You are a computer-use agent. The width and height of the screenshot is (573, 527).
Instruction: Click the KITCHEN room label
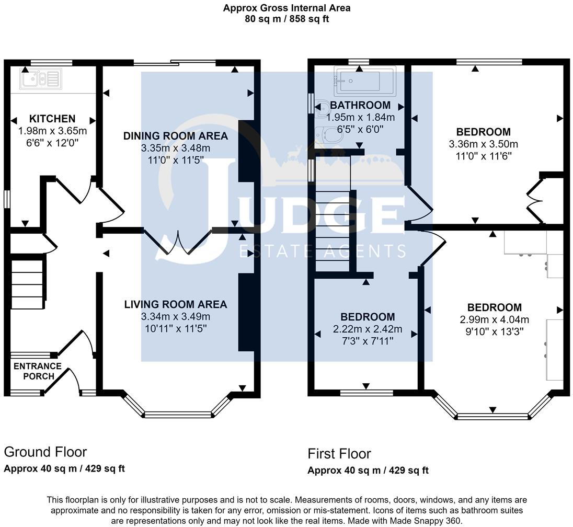pos(52,119)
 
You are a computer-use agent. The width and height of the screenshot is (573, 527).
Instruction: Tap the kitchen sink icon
pos(41,78)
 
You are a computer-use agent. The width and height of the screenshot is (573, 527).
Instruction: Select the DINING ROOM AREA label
pos(176,136)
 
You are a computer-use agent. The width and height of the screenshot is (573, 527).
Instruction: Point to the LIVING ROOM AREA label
pos(176,304)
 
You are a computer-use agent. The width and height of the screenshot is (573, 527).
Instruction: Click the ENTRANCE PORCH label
pos(38,371)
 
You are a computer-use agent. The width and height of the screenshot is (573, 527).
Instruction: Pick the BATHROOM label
pos(360,105)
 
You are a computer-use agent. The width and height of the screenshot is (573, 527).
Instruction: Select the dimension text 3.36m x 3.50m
pos(483,144)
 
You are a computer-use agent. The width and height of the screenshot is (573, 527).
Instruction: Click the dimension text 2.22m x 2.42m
pos(368,329)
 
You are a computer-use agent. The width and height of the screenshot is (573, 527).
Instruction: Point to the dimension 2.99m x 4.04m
pos(495,319)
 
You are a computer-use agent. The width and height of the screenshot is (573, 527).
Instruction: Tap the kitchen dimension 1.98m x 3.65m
pos(52,131)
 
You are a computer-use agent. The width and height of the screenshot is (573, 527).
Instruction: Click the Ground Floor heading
pos(45,452)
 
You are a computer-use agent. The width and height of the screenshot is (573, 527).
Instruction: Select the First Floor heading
pos(339,454)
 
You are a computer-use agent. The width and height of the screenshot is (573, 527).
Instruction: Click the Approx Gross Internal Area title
pos(287,8)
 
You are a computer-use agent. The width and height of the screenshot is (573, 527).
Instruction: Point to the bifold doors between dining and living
pos(178,242)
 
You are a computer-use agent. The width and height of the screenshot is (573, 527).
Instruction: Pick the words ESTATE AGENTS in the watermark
pos(322,251)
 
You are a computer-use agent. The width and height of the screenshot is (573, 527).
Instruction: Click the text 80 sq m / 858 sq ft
pos(287,19)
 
